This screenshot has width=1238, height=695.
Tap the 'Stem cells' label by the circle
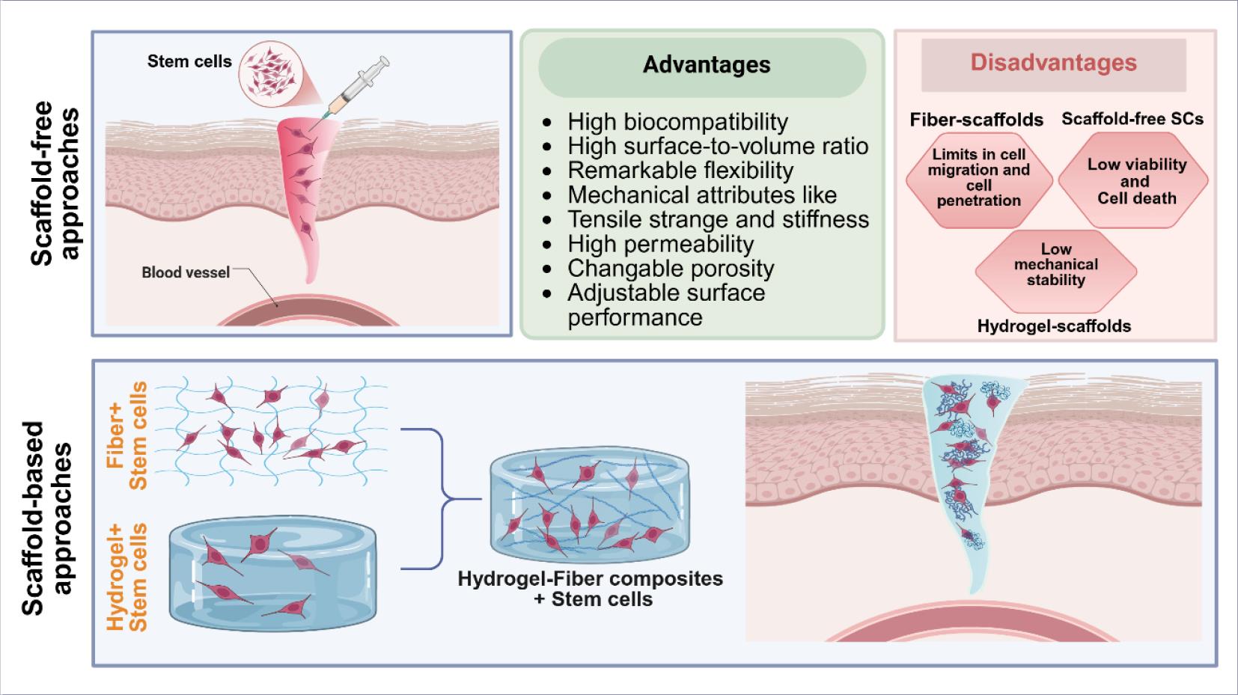(189, 61)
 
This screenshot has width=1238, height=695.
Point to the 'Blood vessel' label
(186, 272)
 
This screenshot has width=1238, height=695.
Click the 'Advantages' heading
(706, 65)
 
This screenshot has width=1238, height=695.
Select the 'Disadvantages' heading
(1053, 63)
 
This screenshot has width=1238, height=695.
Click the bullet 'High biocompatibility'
(677, 121)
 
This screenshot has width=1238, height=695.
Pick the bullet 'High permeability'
(660, 244)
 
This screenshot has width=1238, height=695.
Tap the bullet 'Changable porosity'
(671, 268)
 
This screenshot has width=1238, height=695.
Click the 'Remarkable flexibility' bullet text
(680, 171)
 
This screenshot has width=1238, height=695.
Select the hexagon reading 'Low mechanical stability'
(1055, 266)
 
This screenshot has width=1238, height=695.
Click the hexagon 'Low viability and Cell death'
(1136, 182)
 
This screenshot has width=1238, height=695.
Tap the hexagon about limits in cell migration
(978, 178)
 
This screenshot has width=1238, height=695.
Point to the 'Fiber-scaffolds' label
(976, 120)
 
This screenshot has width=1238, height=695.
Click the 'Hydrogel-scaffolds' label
(1054, 325)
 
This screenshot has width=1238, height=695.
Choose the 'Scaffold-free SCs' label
(1132, 118)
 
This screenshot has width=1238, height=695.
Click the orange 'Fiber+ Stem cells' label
(128, 435)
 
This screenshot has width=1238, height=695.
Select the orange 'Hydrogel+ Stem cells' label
(128, 577)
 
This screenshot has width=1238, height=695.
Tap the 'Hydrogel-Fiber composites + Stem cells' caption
(591, 589)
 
